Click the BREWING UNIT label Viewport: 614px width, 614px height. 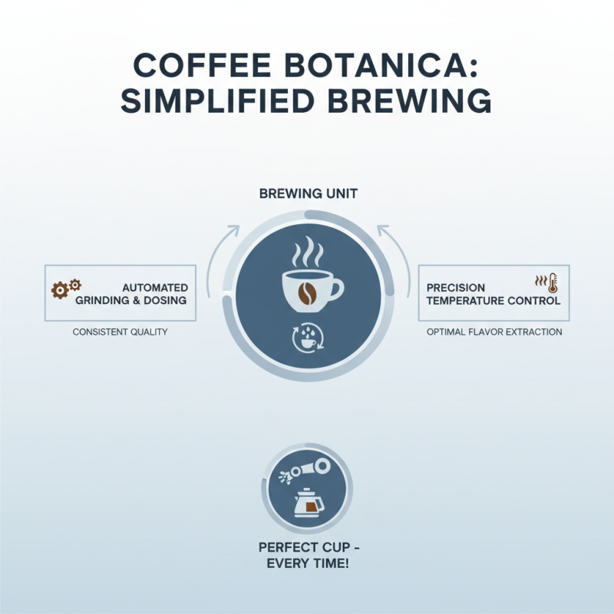click(307, 195)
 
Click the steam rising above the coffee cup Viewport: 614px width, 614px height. click(306, 252)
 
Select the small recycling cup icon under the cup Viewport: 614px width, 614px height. click(306, 338)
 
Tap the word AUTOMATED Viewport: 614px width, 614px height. click(155, 287)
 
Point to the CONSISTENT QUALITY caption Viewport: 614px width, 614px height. click(120, 332)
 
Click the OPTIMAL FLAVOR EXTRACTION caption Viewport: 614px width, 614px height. click(494, 332)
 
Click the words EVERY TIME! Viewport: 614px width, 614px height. click(307, 565)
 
